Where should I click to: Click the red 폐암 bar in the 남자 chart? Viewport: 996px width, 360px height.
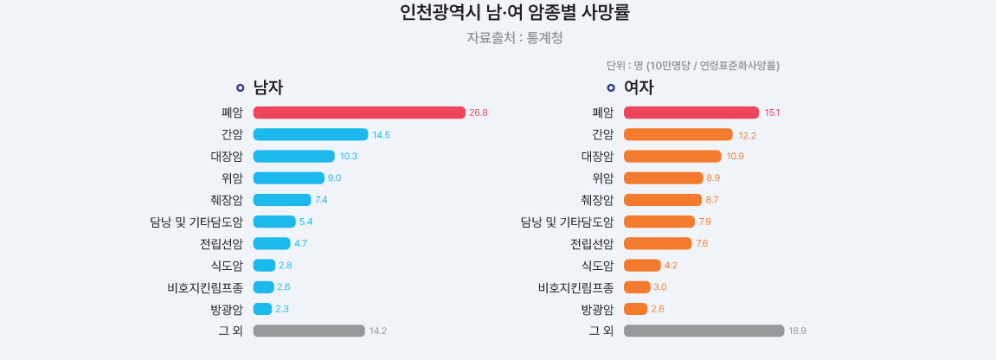coord(359,112)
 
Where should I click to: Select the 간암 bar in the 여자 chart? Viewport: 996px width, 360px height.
coord(678,134)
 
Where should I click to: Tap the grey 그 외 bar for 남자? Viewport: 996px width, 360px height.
coord(309,331)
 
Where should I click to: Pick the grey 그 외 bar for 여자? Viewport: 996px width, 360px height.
coord(704,331)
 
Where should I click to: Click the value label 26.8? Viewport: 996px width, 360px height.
coord(479,112)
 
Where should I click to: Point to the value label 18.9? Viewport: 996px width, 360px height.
coord(797,331)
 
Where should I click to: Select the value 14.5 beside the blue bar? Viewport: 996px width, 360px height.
coord(382,135)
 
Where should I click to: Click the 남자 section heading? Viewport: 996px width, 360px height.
coord(268,87)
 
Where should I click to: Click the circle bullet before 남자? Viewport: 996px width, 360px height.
coord(241,87)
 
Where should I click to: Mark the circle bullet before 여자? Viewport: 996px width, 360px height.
coord(611,87)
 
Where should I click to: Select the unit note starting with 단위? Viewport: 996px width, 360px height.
coord(692,65)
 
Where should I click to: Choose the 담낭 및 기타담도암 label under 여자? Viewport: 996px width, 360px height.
coord(567,222)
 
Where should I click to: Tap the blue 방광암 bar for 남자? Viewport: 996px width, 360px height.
coord(262,309)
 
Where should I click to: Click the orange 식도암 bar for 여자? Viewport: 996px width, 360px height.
coord(642,265)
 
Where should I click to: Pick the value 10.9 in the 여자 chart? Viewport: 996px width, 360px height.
coord(734,157)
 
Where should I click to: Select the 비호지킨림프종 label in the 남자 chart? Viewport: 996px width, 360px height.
coord(205,287)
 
